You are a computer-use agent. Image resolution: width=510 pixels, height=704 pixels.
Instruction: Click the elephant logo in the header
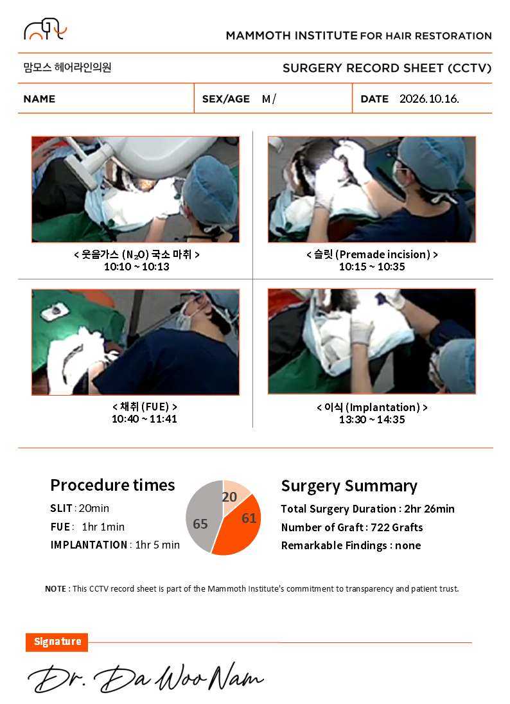coord(45,29)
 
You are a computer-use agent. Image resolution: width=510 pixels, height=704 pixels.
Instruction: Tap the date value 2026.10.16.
coord(429,99)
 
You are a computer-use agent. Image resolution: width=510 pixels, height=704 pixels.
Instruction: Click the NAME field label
coord(40,99)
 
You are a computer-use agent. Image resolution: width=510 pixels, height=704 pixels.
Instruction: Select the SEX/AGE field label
coord(226,99)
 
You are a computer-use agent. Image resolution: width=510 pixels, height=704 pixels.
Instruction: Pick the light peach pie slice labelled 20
coord(234,494)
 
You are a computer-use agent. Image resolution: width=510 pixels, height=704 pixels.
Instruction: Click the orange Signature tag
coord(57,642)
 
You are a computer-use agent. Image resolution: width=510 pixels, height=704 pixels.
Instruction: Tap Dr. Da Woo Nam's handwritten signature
coord(146,678)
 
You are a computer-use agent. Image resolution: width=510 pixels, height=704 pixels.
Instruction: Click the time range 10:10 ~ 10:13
coord(136,267)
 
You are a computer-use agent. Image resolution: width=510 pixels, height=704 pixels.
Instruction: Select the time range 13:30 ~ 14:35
coord(372,420)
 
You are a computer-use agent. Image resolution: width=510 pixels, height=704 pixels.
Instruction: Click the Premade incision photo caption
coord(372,254)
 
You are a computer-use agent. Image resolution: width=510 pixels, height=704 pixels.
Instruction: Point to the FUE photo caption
coord(145,407)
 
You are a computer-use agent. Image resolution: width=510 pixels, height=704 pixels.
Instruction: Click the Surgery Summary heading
coord(349,486)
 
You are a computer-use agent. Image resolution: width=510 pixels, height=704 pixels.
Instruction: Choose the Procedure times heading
coord(112,485)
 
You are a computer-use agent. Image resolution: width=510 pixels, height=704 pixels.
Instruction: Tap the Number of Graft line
coord(352,527)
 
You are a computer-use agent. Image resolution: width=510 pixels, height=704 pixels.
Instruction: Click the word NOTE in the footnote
coord(55,588)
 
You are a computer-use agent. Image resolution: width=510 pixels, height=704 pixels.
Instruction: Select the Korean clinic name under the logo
coord(67,67)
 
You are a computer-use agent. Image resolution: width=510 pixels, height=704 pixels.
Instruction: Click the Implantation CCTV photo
coord(372,342)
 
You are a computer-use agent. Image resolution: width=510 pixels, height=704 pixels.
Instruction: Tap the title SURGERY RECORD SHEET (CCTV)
coord(387,68)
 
